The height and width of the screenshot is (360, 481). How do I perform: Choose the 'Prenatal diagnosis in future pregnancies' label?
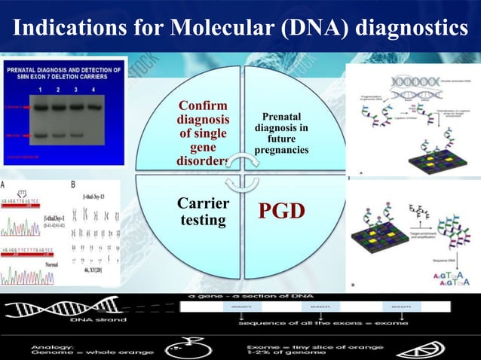point(280,134)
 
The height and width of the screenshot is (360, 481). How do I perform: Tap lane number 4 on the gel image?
point(94,90)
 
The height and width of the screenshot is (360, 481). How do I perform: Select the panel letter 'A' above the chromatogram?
point(5,183)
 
